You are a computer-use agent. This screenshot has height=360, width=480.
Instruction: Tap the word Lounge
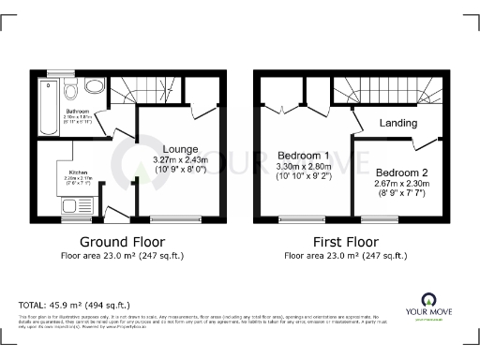coord(178,148)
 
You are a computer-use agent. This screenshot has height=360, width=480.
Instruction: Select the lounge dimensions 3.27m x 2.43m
coord(178,159)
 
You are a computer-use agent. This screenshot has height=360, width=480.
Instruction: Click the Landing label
coord(397,123)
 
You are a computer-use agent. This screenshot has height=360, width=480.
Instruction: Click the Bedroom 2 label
coord(402,172)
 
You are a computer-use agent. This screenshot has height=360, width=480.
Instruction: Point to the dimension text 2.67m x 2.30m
coord(402,184)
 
